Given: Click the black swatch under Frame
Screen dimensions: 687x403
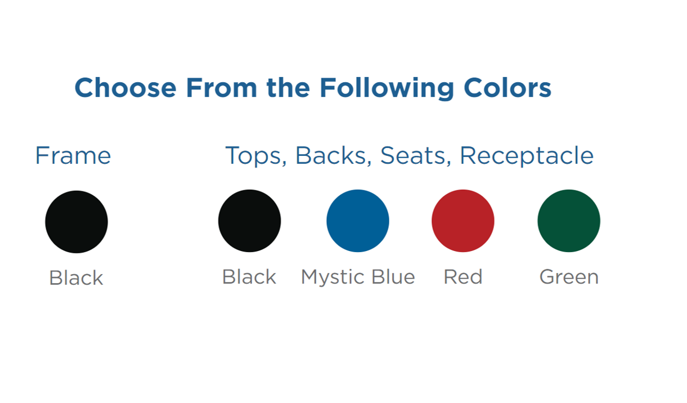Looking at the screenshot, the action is (77, 222).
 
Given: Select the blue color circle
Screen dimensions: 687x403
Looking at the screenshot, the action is (358, 221).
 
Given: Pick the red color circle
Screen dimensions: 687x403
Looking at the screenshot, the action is (463, 221).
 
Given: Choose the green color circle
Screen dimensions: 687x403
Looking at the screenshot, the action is (569, 221).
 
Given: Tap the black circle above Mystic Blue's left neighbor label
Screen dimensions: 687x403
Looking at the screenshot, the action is (249, 221).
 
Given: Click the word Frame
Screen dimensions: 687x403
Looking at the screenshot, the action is (73, 155).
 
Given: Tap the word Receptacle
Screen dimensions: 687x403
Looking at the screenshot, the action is (527, 156).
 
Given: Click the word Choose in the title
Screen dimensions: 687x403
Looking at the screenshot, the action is (125, 88).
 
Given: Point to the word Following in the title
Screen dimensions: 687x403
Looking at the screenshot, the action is (387, 88).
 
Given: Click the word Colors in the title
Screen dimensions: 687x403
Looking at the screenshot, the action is (508, 88).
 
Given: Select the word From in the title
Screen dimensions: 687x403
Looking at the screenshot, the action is (222, 88).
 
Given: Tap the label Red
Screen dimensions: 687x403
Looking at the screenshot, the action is (463, 277).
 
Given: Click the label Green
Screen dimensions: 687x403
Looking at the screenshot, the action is (569, 277).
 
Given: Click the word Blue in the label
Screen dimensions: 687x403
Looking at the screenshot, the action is (393, 277).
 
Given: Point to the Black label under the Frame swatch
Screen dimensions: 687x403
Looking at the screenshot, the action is (76, 278).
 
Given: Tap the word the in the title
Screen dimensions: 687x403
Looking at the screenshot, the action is (288, 88).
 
